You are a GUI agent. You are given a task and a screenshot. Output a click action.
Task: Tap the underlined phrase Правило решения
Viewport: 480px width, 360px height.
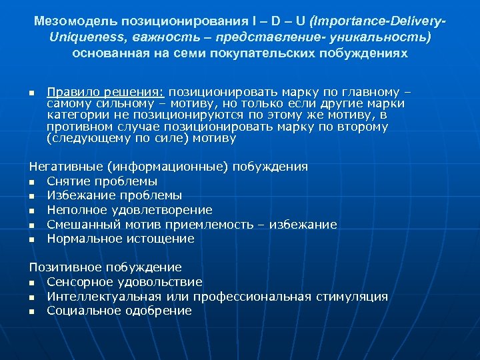click(106, 92)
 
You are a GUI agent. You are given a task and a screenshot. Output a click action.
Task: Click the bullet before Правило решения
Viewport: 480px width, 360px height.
click(31, 93)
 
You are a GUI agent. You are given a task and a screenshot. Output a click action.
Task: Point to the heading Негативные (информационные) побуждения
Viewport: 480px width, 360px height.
click(168, 167)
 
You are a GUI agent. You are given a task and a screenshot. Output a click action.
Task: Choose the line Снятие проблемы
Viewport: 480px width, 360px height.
click(102, 181)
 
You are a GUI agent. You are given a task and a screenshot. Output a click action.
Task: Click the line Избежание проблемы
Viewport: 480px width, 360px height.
click(114, 195)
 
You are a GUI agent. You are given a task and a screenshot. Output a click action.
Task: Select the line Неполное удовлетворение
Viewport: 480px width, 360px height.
click(129, 210)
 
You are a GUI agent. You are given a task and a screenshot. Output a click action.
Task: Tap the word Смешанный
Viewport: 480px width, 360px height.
click(81, 225)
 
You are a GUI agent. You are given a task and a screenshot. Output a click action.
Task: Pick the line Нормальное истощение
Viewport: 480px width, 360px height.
click(121, 239)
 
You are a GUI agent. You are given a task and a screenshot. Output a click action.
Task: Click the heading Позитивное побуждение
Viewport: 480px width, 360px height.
click(105, 267)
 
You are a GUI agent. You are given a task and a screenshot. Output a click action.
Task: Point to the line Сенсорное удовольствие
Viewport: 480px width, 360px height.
click(125, 282)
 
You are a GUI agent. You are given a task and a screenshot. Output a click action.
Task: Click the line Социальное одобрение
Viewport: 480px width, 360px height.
click(119, 311)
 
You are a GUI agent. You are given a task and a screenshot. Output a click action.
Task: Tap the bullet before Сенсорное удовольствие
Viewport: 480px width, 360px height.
click(31, 283)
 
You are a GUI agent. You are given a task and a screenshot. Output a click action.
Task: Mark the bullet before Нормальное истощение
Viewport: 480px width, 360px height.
click(31, 239)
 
